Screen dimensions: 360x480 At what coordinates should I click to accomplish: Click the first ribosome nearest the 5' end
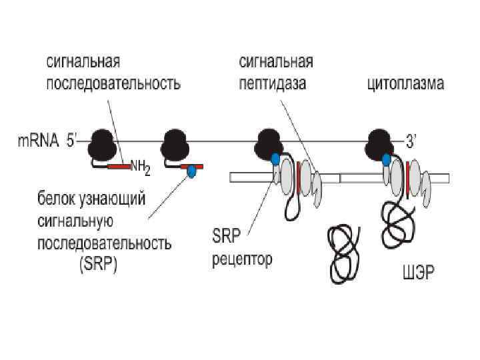pos(101,143)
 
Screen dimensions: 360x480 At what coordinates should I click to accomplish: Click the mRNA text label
pos(37,141)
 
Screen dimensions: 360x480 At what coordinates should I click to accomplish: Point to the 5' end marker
pos(72,141)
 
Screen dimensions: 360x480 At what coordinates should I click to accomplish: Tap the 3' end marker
pos(413,141)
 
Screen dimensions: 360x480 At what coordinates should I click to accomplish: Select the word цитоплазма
pos(406,85)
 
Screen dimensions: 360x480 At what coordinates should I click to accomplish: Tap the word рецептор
pos(242,260)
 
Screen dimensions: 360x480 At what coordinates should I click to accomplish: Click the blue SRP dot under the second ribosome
pos(191,171)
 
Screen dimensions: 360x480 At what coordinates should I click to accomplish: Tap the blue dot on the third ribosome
pos(275,158)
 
